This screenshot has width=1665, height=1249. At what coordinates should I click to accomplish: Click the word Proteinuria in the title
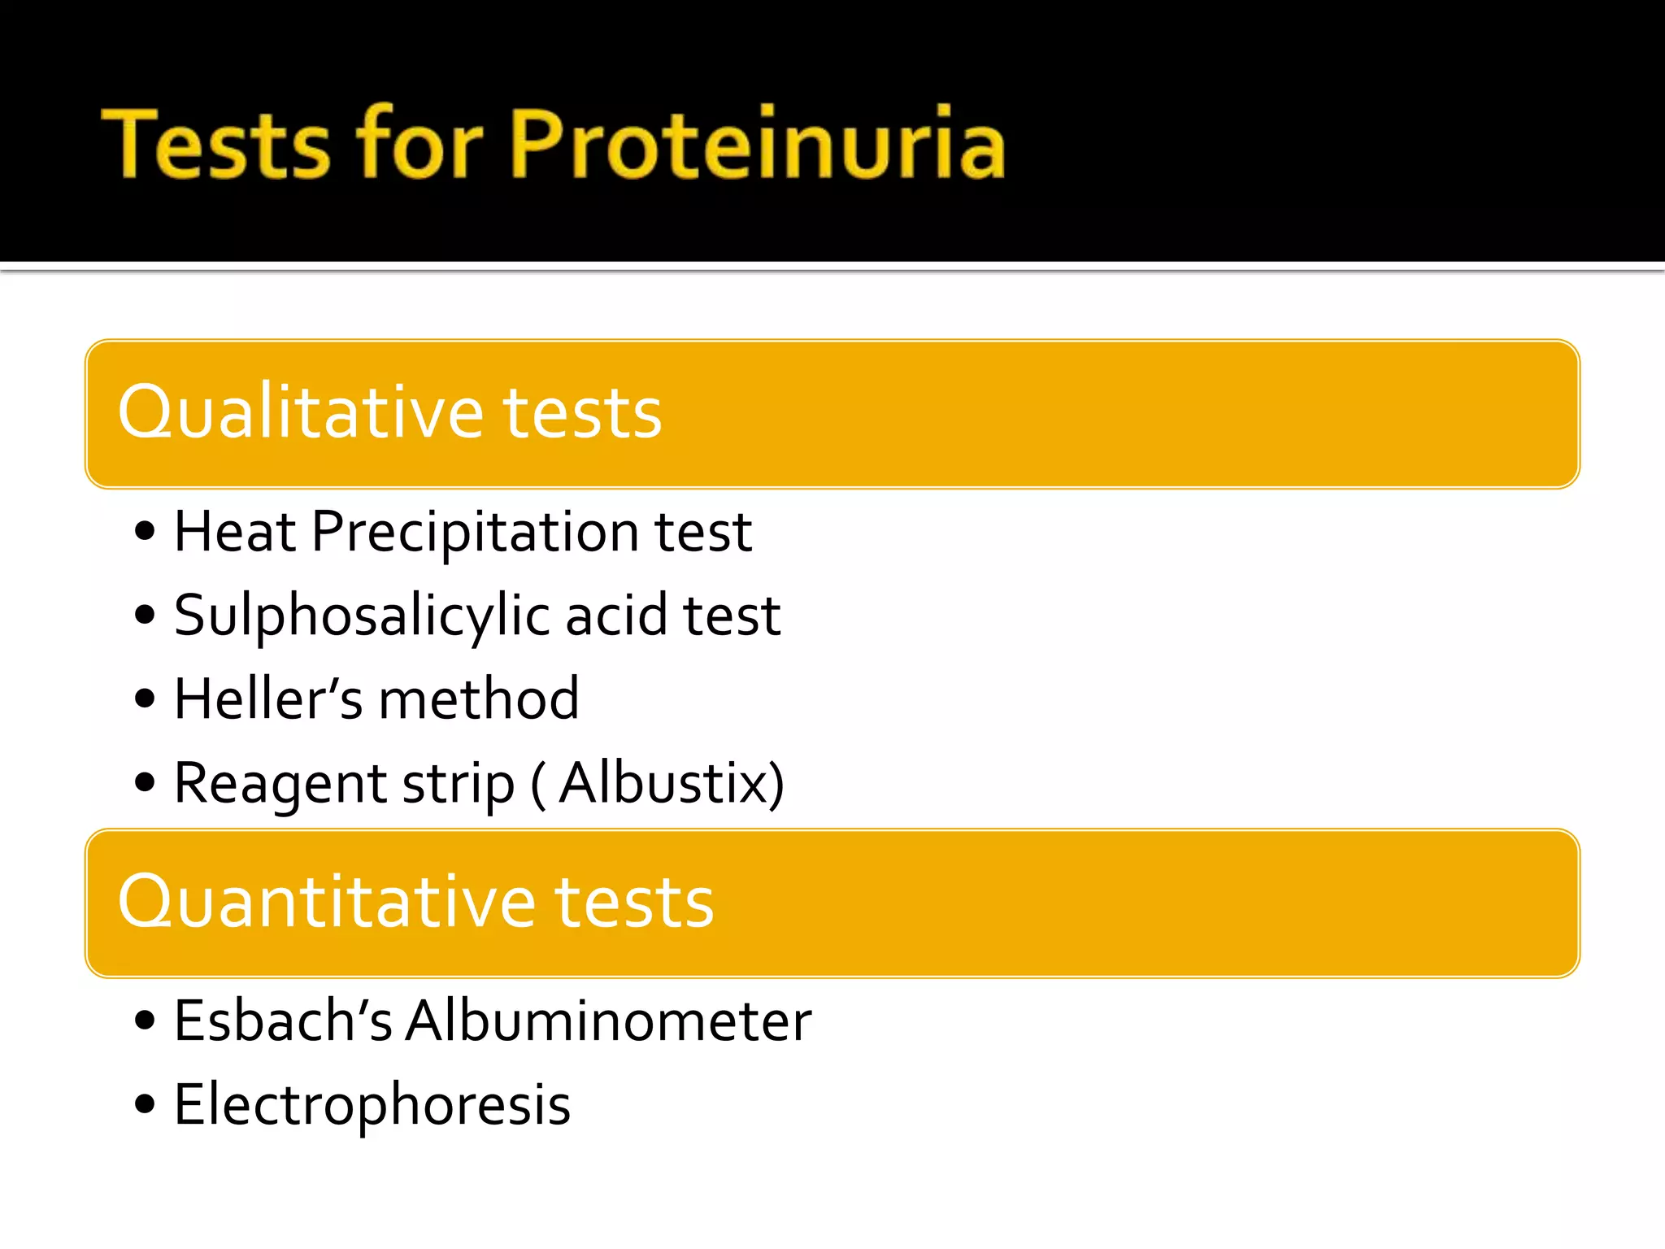(758, 144)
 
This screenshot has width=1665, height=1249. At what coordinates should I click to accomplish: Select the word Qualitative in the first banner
(301, 412)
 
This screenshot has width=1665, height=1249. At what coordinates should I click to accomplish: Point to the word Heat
(235, 532)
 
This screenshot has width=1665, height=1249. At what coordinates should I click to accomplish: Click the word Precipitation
(476, 533)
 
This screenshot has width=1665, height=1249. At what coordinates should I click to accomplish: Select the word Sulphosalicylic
(363, 616)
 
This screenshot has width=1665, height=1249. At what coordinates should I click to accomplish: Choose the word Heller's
(268, 699)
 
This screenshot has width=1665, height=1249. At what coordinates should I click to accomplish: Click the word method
(479, 699)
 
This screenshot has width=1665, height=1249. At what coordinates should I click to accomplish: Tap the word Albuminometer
(609, 1021)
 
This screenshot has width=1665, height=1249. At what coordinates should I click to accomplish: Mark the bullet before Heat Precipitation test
(145, 533)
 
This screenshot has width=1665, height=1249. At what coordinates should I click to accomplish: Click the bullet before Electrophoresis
(145, 1104)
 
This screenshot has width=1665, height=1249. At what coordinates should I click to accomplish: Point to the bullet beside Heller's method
(145, 698)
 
